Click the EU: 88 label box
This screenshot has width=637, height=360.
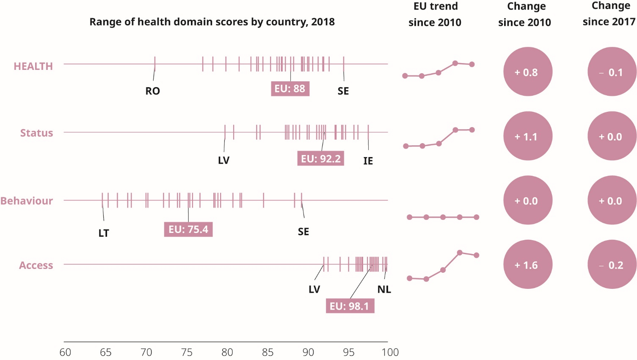tap(290, 89)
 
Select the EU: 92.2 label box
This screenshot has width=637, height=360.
tap(320, 159)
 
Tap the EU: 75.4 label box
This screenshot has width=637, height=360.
tap(188, 230)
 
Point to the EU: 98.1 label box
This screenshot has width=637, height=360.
tap(350, 306)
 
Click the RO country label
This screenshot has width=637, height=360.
tap(153, 91)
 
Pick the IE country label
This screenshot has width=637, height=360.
tap(368, 161)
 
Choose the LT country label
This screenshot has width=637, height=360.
tap(104, 233)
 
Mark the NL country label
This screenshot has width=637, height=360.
tap(384, 290)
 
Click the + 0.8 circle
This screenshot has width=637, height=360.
tap(527, 72)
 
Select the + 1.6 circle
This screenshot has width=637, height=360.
tap(527, 265)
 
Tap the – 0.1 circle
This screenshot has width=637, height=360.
tap(612, 72)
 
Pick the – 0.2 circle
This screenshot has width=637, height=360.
tap(612, 265)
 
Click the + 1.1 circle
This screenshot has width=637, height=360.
tap(527, 136)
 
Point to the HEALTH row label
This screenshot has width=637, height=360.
tap(33, 66)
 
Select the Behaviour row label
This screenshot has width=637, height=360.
tap(27, 201)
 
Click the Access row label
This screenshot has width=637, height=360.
tap(36, 266)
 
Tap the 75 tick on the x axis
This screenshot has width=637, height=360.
tap(187, 352)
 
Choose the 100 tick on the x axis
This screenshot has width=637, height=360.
tap(390, 352)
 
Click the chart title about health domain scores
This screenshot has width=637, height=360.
tap(212, 22)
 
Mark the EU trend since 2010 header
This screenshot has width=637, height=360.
tap(435, 14)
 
